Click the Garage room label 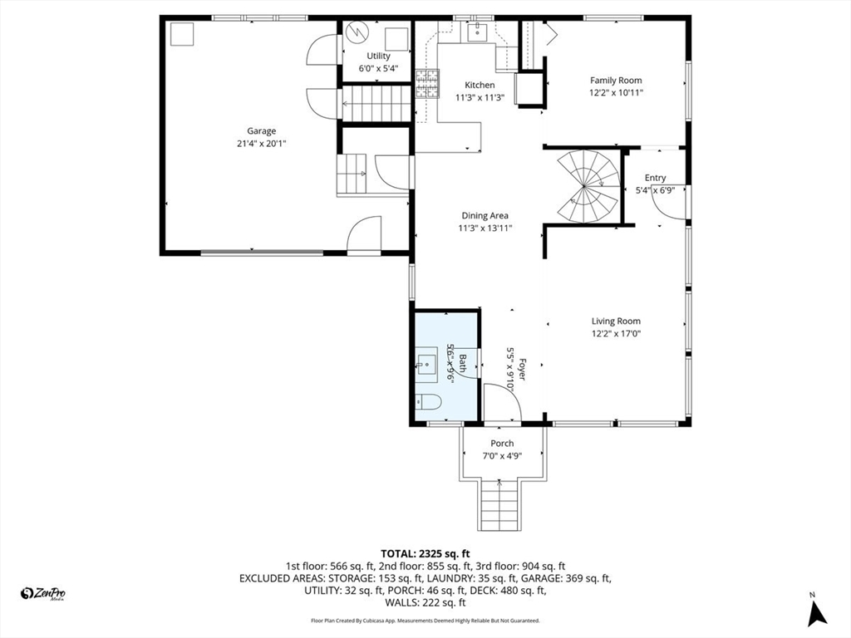pos(261,130)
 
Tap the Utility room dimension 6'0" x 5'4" pos(378,69)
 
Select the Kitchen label pos(480,85)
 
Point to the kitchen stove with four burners pos(426,84)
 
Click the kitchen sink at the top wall pos(477,33)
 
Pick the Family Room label pos(616,81)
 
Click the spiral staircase pos(588,186)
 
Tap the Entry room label pos(655,178)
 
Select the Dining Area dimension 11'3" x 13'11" pos(486,228)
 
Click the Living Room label pos(616,321)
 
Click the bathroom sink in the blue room pos(426,362)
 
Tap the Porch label pos(502,444)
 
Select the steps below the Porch pos(499,507)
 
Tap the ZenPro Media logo pos(43,593)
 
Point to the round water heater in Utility pos(357,33)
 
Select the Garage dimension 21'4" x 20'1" pos(261,144)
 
